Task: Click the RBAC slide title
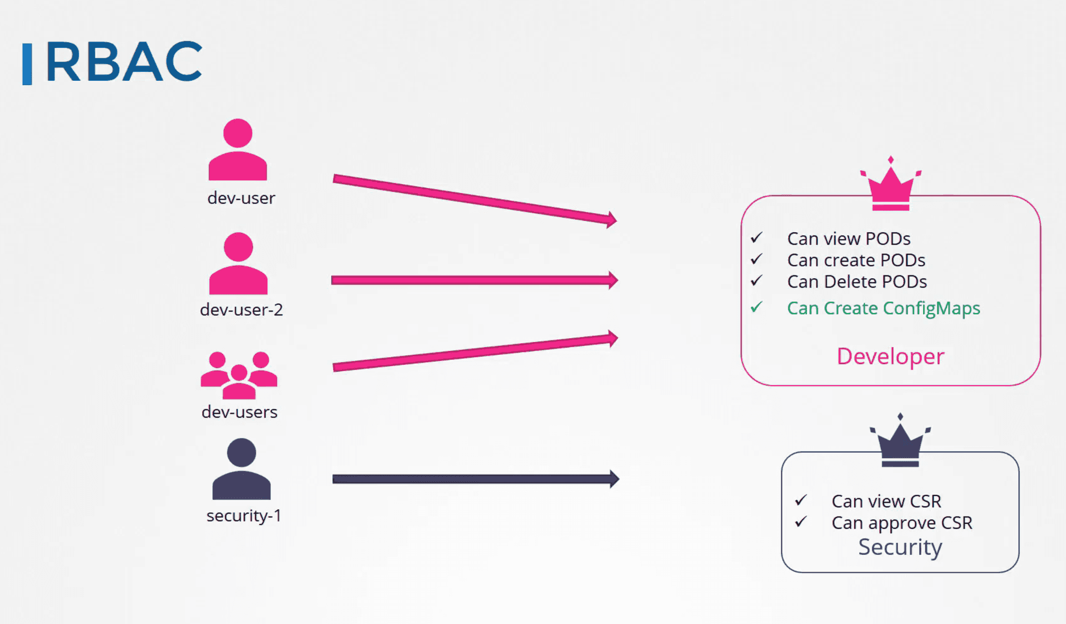[x=124, y=62]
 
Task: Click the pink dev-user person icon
[x=238, y=149]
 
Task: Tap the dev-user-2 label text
[x=242, y=310]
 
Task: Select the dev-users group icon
[x=239, y=375]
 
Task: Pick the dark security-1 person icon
[x=242, y=469]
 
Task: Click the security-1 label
[x=244, y=516]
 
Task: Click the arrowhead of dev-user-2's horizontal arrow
[x=613, y=280]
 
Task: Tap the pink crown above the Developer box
[x=891, y=183]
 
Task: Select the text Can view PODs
[x=849, y=239]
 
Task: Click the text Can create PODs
[x=856, y=260]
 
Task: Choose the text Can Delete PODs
[x=857, y=282]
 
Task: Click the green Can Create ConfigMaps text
[x=884, y=308]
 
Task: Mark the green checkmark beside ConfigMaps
[x=756, y=307]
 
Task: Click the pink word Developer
[x=891, y=356]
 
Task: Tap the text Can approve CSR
[x=902, y=523]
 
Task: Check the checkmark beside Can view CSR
[x=801, y=500]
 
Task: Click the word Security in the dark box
[x=900, y=547]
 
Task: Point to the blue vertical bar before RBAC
[x=27, y=64]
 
